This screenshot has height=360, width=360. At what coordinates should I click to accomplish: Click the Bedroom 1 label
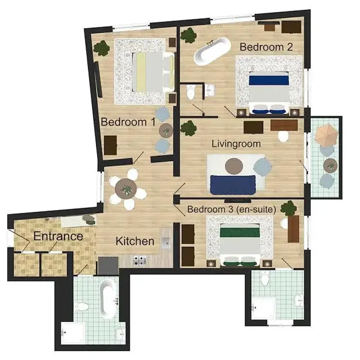128,122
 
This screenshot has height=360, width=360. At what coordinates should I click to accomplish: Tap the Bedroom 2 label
266,47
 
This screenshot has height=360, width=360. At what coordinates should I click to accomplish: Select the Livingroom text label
236,144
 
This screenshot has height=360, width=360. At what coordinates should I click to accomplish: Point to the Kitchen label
135,241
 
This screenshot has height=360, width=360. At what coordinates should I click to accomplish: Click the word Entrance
58,237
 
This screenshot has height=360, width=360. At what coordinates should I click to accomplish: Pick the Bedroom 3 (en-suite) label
232,209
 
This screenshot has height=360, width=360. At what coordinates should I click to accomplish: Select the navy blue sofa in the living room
233,184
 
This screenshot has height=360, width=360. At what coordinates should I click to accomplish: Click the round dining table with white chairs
126,188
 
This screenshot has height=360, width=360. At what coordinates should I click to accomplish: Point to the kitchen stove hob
140,259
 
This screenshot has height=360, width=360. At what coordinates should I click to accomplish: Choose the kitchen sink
166,243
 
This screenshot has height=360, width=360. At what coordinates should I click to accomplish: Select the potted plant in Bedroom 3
288,208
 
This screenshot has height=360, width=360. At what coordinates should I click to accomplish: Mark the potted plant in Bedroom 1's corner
102,48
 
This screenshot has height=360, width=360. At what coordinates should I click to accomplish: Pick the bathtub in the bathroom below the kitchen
108,298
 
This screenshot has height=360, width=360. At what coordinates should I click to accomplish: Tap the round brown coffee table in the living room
234,165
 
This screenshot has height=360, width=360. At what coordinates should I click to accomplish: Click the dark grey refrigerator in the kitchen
108,266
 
